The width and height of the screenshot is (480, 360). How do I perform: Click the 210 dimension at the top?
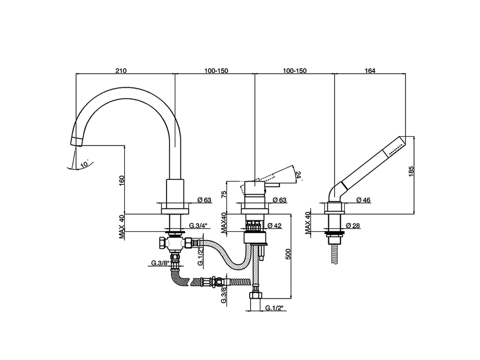(x=121, y=70)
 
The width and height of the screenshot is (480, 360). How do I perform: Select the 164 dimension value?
(x=370, y=70)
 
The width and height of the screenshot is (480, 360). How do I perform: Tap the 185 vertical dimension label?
(x=411, y=172)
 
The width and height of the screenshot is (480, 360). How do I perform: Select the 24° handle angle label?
(x=298, y=175)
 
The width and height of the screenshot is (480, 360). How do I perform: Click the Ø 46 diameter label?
(x=363, y=200)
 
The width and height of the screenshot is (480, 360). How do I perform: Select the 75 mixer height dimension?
(x=224, y=194)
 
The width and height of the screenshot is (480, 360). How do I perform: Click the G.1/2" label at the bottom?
(x=274, y=308)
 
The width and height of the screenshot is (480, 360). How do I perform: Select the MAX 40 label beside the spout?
(x=121, y=226)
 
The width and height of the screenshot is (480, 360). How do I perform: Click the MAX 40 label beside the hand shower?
(x=308, y=223)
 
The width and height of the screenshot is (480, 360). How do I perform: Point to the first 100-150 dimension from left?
(x=216, y=70)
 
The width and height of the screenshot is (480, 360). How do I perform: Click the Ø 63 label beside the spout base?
(x=205, y=200)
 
